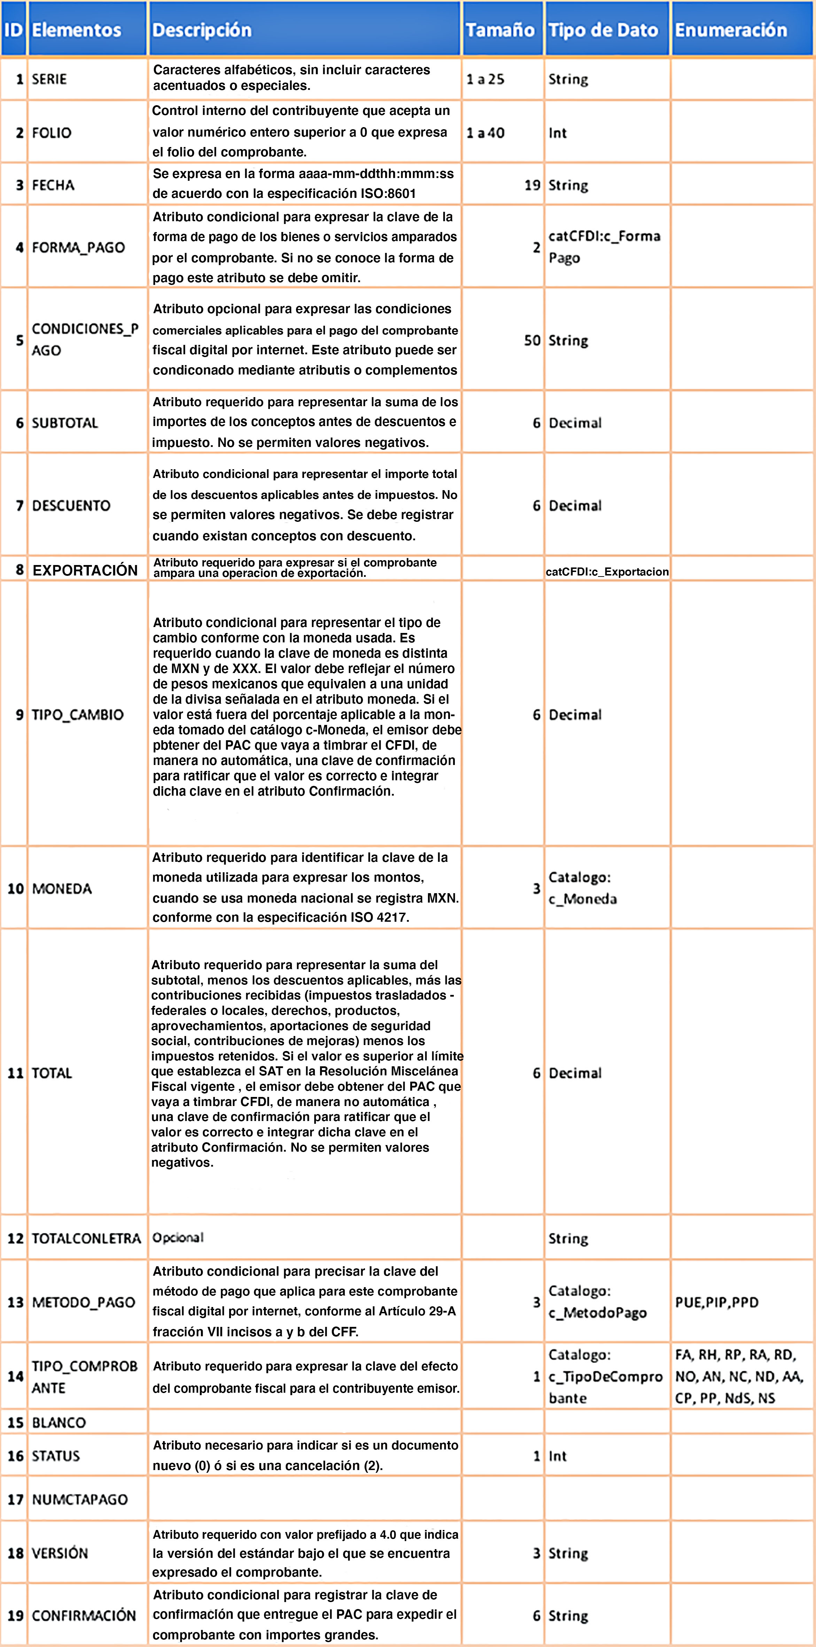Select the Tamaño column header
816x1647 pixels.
(x=500, y=30)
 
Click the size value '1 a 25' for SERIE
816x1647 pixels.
(x=485, y=79)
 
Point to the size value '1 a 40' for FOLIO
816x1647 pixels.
(x=485, y=133)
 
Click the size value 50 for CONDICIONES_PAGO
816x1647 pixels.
(x=532, y=340)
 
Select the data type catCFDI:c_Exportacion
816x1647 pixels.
(x=607, y=572)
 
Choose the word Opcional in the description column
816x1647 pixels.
(x=178, y=1237)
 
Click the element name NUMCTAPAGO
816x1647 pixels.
(x=80, y=1499)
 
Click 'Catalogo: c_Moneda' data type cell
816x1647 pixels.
(x=582, y=888)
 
